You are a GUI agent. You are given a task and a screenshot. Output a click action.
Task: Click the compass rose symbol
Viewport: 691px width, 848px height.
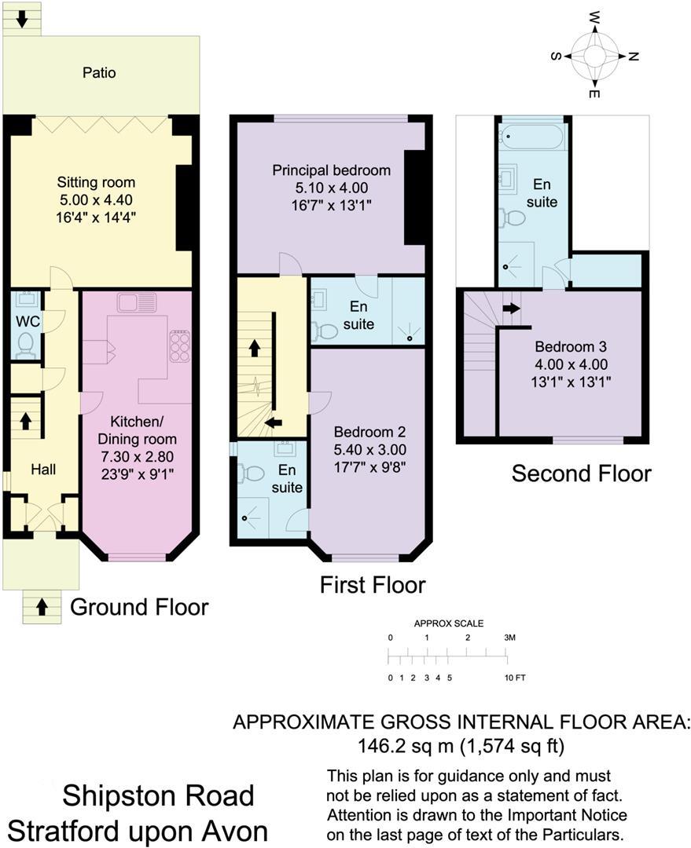pos(594,56)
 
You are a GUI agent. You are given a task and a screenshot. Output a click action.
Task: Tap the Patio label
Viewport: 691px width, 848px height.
pos(99,73)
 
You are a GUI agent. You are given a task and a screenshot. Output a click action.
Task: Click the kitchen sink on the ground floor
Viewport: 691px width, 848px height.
pos(137,302)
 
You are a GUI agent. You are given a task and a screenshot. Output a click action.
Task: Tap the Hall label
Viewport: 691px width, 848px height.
pos(43,470)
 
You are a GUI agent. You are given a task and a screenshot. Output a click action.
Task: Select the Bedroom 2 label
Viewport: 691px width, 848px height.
pos(369,433)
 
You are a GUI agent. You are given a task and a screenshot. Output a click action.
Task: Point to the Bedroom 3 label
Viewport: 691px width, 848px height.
pos(571,346)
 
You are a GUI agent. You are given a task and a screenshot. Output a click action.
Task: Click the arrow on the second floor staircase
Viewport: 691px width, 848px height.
pos(511,308)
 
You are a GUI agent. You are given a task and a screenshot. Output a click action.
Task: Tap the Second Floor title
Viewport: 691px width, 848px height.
pos(581,473)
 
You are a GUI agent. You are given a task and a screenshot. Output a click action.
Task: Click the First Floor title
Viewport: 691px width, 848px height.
pos(372,585)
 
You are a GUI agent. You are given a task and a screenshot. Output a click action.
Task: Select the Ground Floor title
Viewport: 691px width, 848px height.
pos(139,607)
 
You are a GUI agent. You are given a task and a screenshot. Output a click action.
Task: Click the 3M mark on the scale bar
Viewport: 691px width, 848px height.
pos(509,638)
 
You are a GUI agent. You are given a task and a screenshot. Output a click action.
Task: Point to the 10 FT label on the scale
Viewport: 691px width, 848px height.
pos(515,677)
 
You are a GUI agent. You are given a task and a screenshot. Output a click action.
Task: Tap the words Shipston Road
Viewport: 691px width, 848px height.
pos(159,795)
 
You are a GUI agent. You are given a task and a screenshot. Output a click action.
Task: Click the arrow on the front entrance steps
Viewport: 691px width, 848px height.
pos(42,606)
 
